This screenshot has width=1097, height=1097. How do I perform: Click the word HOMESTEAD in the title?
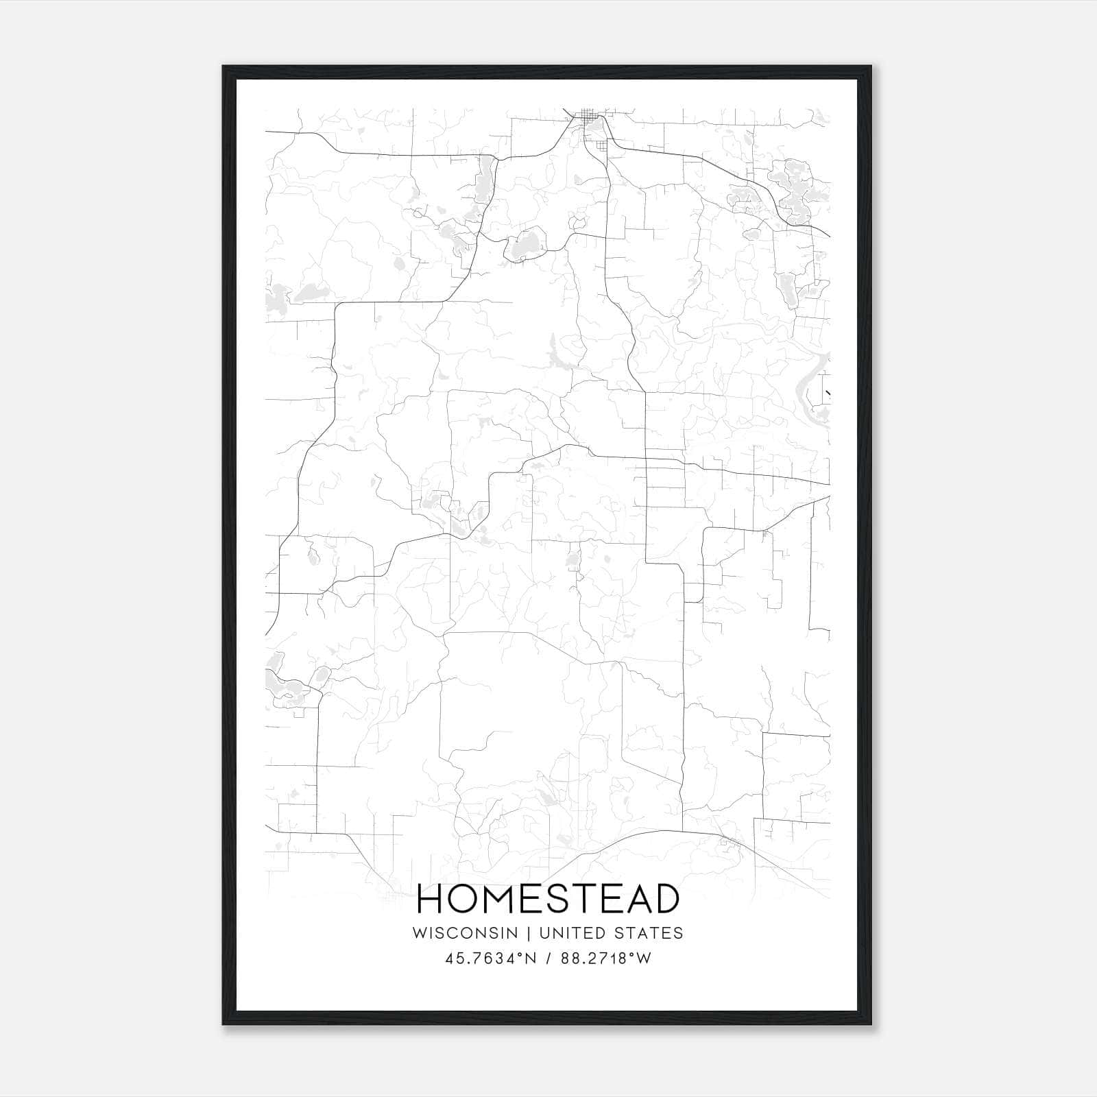[548, 899]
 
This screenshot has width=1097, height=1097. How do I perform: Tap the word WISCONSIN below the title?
[474, 932]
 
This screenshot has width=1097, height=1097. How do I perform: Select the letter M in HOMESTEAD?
[502, 899]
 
